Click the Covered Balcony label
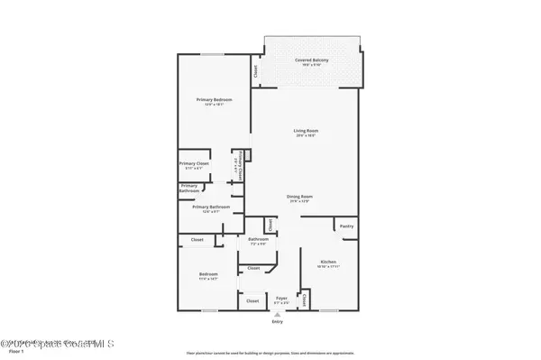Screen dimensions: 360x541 point(311,60)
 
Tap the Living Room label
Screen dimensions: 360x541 point(306,131)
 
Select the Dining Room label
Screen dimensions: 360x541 point(299,196)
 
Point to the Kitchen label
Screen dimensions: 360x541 point(327,262)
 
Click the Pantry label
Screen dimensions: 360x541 point(345,226)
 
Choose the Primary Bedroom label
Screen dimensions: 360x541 point(215,98)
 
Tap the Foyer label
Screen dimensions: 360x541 point(281,297)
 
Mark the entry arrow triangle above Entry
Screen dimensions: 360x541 point(277,314)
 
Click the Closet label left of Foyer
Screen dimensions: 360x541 point(253,300)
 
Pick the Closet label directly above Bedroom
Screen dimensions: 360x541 point(197,240)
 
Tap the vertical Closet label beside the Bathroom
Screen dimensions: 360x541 point(270,224)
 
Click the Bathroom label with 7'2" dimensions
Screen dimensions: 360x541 point(258,239)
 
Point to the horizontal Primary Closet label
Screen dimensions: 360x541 point(193,163)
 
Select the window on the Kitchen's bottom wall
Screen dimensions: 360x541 point(327,311)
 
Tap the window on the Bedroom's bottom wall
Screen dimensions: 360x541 point(209,311)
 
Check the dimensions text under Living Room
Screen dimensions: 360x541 point(306,136)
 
